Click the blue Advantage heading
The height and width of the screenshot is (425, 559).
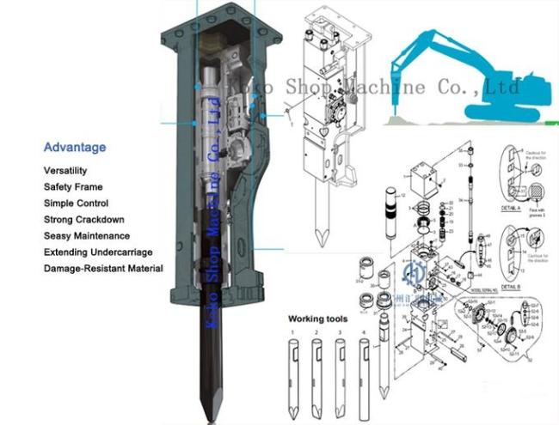pyautogui.click(x=75, y=147)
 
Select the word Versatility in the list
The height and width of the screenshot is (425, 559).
pyautogui.click(x=65, y=171)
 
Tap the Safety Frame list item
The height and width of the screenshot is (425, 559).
pyautogui.click(x=73, y=187)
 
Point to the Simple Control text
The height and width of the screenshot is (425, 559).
pyautogui.click(x=76, y=203)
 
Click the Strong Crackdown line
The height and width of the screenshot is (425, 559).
pyautogui.click(x=83, y=220)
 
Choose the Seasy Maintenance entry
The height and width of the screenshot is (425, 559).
pyautogui.click(x=87, y=236)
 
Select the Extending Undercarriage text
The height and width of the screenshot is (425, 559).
pyautogui.click(x=99, y=252)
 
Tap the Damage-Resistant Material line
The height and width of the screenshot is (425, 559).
pyautogui.click(x=103, y=269)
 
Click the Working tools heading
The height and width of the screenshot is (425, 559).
pyautogui.click(x=318, y=319)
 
